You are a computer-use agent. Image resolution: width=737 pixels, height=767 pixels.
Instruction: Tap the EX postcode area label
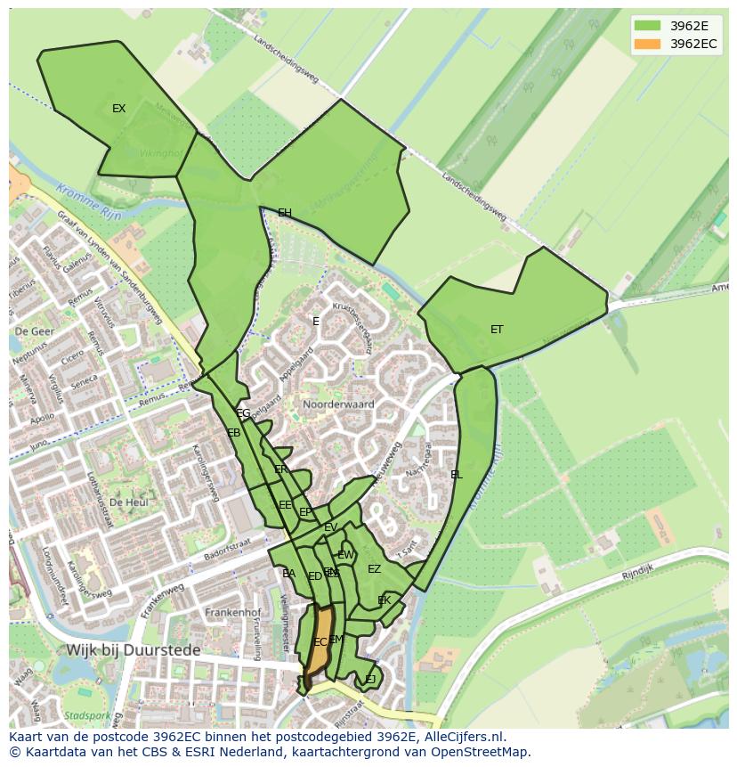(118, 109)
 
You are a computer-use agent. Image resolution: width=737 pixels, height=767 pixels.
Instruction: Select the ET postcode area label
(497, 330)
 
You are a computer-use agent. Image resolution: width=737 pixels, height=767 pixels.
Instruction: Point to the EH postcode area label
(285, 213)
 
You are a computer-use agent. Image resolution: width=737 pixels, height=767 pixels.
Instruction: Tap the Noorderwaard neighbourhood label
(338, 404)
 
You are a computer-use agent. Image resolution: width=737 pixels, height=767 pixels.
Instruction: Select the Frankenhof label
(231, 613)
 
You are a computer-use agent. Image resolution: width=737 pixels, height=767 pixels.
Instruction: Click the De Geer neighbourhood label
(35, 331)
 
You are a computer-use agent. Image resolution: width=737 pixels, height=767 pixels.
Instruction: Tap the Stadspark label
(88, 715)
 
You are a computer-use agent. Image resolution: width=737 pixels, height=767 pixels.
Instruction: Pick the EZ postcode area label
(374, 569)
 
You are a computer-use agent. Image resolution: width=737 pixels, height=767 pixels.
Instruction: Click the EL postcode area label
(457, 475)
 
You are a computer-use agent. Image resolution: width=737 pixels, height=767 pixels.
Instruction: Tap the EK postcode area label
(385, 600)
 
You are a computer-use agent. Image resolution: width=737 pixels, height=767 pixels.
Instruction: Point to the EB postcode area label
(234, 433)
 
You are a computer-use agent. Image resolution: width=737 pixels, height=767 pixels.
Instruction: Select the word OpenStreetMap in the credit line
(477, 752)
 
